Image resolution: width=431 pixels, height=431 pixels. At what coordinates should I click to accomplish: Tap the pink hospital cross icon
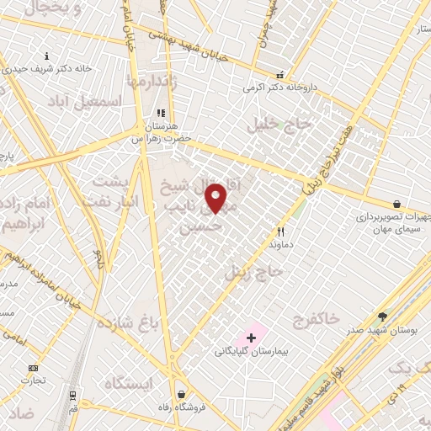[x=251, y=338]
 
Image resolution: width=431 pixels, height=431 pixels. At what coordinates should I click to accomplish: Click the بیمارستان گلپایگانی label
[x=250, y=350]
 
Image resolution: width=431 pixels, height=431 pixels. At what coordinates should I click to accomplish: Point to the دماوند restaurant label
[x=280, y=243]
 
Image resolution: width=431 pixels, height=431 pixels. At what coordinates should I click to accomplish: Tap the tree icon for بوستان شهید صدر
[x=382, y=317]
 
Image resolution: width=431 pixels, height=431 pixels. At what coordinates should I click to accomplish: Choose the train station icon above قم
[x=73, y=394]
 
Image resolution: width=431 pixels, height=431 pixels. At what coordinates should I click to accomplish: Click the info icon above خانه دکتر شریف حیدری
[x=46, y=56]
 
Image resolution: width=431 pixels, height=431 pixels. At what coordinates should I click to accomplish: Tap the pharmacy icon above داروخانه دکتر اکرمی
[x=291, y=74]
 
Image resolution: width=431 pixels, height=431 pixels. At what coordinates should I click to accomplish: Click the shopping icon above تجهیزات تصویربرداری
[x=396, y=204]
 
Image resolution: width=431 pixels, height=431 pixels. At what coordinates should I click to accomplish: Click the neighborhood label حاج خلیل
[x=280, y=125]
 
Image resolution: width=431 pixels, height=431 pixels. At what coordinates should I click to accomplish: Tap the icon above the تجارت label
[x=33, y=368]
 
